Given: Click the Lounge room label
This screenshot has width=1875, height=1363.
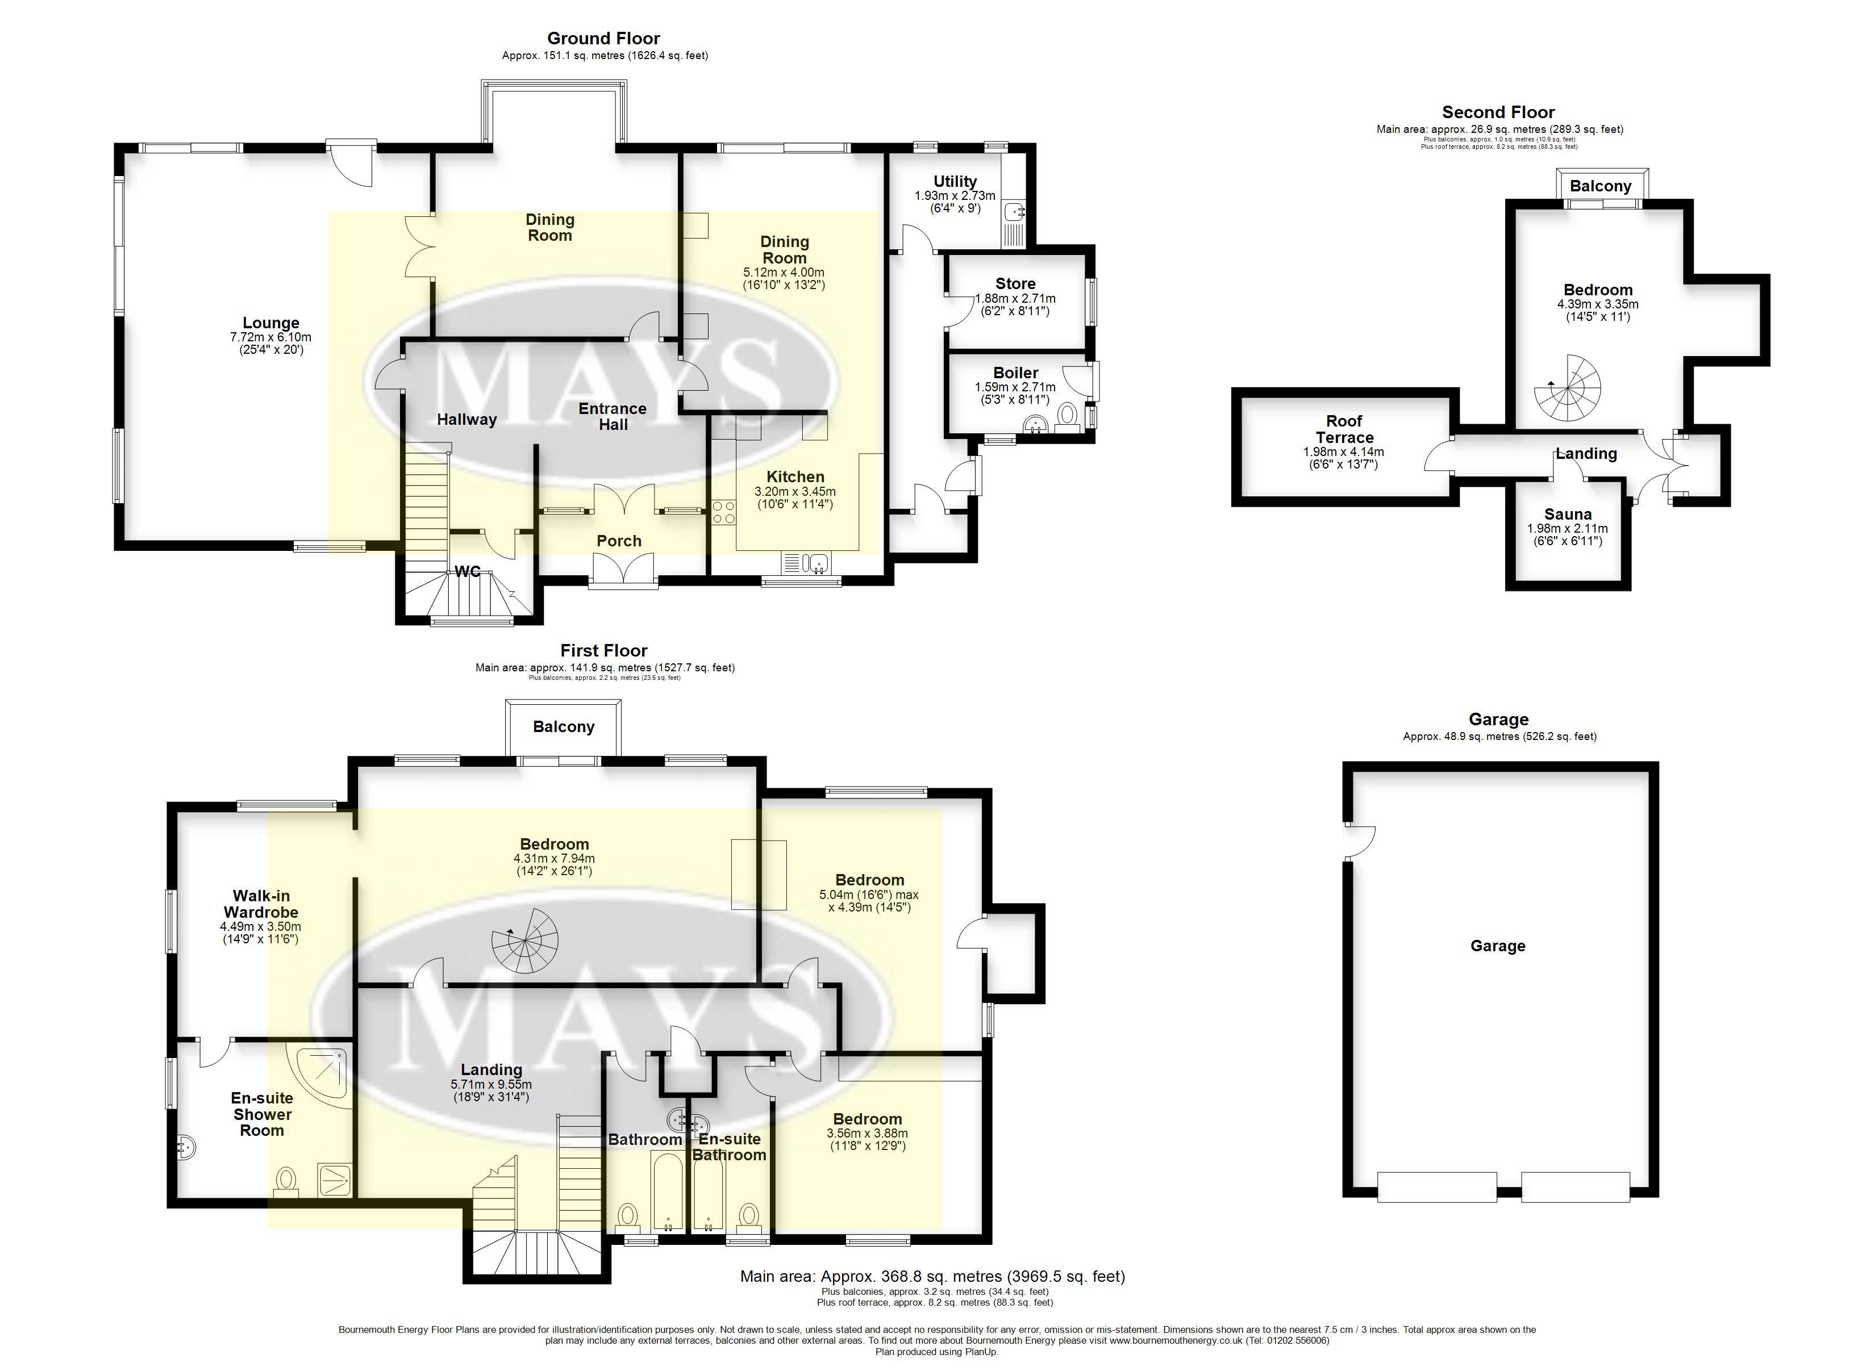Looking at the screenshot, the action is (270, 323).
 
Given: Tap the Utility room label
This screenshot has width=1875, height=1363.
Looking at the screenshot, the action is (955, 181).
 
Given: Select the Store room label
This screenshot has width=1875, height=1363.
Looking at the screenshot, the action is (1015, 283).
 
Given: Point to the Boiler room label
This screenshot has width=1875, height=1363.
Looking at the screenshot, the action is (1015, 373).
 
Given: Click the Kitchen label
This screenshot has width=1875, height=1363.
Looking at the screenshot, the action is (795, 477).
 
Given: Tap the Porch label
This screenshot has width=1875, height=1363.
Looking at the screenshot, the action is (619, 541).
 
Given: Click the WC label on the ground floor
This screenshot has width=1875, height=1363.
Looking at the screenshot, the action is (468, 571).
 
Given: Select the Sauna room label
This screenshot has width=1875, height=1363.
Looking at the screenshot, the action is (1568, 514).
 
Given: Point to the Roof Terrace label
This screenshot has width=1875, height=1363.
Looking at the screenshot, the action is (1344, 429).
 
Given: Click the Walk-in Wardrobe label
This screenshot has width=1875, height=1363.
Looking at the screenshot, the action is (261, 904).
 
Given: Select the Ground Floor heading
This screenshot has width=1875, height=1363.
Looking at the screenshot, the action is (603, 38).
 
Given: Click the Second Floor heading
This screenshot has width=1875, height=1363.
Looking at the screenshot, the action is (1498, 112).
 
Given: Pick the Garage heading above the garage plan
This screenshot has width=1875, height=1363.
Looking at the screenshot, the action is (1499, 719).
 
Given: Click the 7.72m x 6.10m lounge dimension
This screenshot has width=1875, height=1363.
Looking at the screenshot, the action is (270, 337).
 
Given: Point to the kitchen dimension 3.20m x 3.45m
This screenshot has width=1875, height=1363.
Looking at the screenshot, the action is (795, 491).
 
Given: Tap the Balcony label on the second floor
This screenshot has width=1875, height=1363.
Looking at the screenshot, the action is (1601, 186).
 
